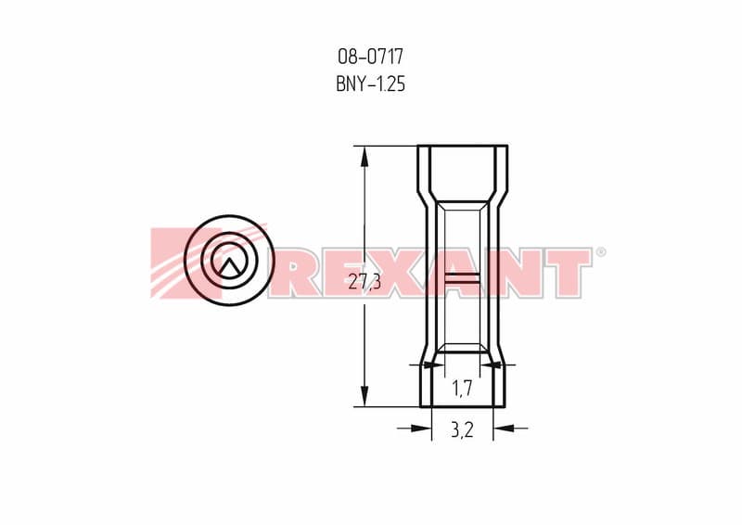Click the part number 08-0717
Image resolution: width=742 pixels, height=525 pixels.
click(x=370, y=57)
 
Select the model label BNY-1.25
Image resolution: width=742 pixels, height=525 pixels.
click(x=370, y=84)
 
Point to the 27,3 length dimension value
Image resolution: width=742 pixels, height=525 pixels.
click(x=365, y=282)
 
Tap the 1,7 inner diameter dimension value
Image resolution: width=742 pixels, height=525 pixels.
click(x=462, y=389)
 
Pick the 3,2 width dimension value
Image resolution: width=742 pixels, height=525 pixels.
click(x=462, y=429)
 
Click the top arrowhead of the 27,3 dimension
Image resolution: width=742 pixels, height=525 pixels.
click(x=365, y=156)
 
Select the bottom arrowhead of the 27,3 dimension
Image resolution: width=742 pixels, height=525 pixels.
click(x=365, y=396)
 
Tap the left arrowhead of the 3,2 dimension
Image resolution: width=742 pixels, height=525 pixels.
click(x=421, y=428)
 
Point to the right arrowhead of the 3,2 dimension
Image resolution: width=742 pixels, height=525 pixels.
click(x=504, y=428)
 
